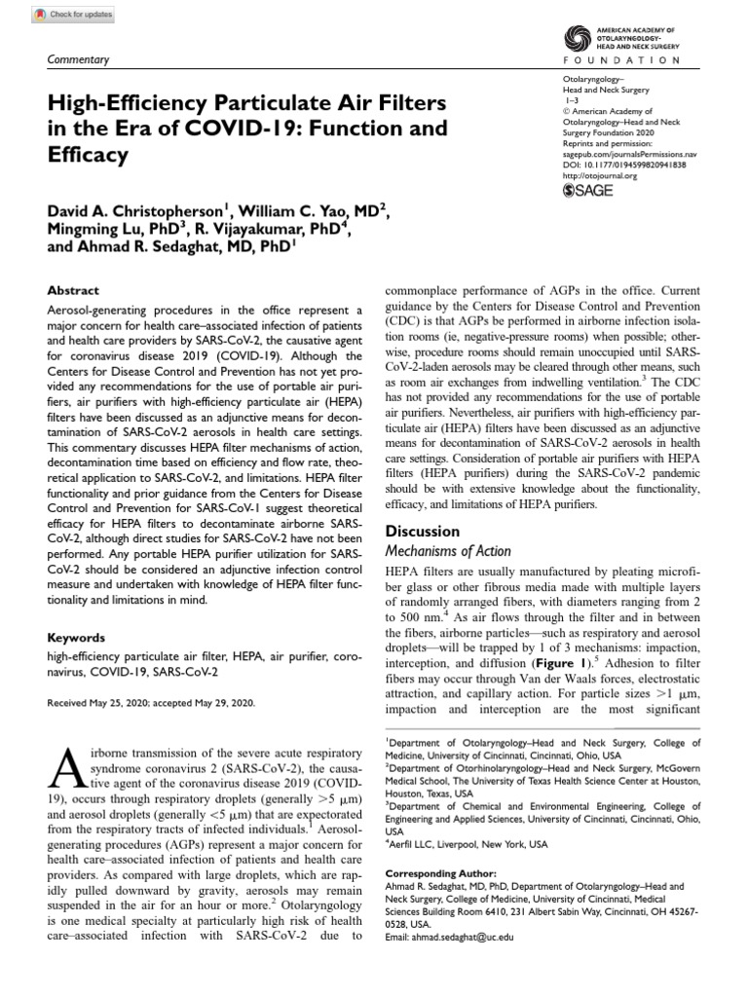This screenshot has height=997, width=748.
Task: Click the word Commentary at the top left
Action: click(79, 60)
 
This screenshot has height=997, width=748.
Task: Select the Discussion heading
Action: click(423, 532)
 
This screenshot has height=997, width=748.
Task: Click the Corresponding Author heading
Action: click(441, 873)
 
